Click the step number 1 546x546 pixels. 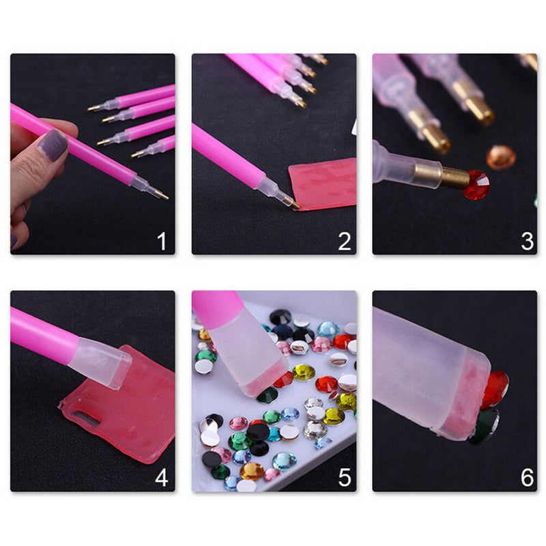162,241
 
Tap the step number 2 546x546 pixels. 344,241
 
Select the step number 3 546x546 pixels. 527,241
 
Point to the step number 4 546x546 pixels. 162,477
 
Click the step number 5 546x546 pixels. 344,477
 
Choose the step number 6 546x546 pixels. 527,477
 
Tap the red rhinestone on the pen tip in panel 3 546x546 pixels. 476,185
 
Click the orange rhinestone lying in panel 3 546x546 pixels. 501,157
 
